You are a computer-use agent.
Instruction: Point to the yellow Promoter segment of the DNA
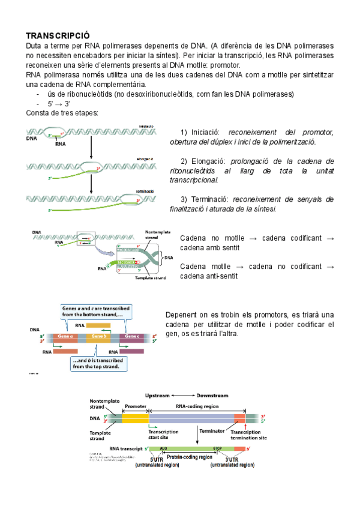click(x=136, y=418)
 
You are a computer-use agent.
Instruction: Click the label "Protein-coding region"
click(x=190, y=457)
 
